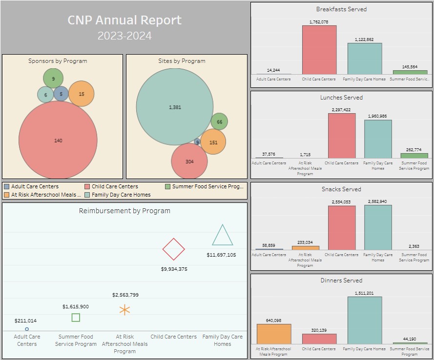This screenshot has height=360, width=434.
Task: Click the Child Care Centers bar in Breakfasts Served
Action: (319, 49)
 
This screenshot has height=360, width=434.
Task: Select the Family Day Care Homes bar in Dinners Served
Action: (365, 320)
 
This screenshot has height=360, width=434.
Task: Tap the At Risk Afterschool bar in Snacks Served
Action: (305, 248)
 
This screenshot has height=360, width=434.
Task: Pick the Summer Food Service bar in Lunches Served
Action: (414, 156)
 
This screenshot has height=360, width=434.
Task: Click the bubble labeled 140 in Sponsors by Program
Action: (58, 140)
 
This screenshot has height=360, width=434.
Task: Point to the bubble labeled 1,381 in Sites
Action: (174, 107)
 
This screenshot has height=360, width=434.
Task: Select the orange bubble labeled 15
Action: (81, 94)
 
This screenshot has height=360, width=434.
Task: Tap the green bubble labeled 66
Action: (219, 122)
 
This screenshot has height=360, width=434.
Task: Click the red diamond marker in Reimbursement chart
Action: (173, 249)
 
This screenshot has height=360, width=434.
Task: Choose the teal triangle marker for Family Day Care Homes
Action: (222, 236)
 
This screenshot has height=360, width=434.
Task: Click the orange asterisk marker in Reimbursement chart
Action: (124, 310)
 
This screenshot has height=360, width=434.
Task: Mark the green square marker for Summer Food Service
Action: (76, 318)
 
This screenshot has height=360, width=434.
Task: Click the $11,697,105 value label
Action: (221, 255)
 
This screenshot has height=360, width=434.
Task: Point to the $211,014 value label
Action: (26, 320)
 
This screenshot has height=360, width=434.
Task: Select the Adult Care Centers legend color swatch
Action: (6, 186)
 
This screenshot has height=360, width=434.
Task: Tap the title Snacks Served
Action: (341, 189)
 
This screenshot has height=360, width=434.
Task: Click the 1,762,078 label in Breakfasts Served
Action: (319, 22)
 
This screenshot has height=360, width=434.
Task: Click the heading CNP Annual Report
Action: (124, 20)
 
